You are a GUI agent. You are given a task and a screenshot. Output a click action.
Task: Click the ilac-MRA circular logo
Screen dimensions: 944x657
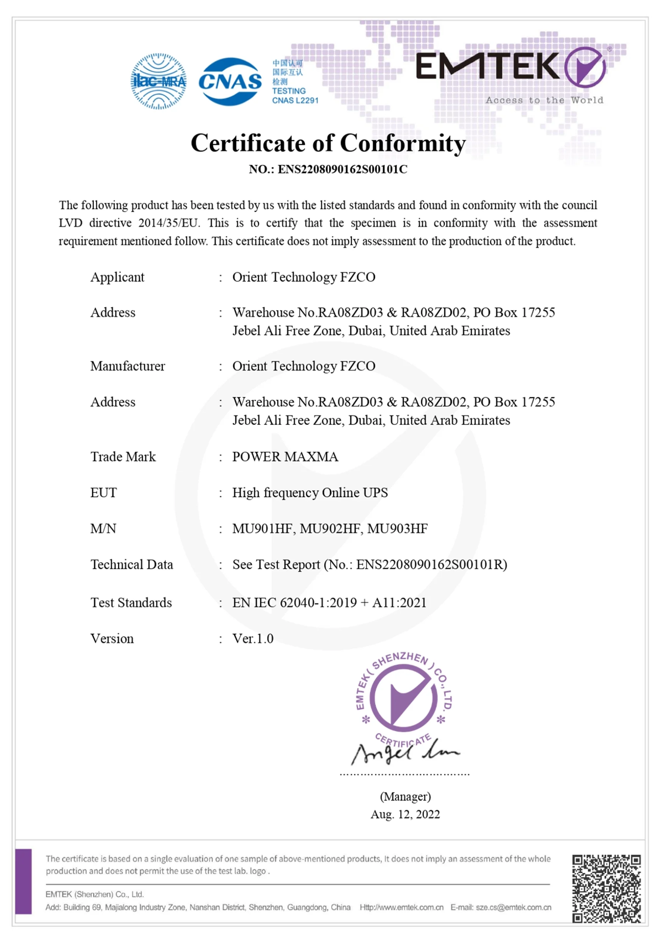(x=158, y=81)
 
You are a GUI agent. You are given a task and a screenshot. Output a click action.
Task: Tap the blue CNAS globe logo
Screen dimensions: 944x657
(x=230, y=81)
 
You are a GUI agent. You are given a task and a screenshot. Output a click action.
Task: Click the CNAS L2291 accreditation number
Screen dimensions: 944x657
(x=295, y=100)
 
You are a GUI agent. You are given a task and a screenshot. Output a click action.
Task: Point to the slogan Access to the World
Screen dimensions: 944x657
(x=544, y=100)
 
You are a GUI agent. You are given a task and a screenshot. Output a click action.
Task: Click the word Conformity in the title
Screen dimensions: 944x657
(x=403, y=143)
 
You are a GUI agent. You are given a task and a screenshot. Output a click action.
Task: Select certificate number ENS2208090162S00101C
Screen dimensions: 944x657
(x=342, y=169)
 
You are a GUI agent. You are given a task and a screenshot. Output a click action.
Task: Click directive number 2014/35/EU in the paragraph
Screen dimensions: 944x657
(x=168, y=223)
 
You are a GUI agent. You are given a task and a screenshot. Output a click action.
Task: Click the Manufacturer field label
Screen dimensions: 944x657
(x=128, y=366)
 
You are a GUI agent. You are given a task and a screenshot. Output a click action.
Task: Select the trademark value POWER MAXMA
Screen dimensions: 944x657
(x=285, y=457)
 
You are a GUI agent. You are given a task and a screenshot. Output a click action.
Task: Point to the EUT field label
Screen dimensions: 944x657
(x=104, y=493)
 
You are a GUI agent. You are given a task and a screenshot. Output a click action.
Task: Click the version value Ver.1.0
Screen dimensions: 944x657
(x=253, y=639)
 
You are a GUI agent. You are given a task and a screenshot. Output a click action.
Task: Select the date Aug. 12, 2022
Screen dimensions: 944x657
(x=405, y=815)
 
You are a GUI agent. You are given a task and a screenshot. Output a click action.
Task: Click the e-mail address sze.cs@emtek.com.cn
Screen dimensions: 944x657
(x=513, y=907)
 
